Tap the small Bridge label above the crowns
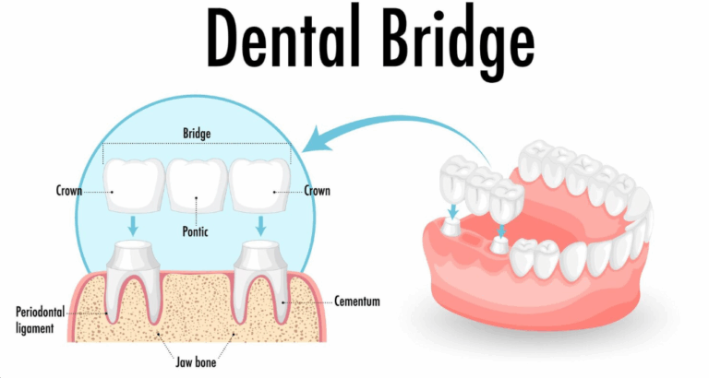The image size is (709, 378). click(197, 134)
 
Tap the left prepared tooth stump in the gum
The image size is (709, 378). click(135, 262)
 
